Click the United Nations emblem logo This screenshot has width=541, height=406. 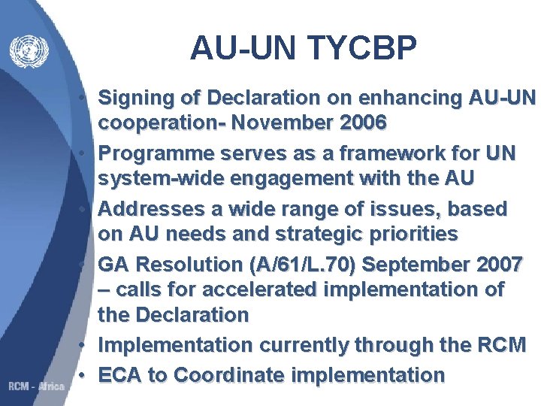click(29, 52)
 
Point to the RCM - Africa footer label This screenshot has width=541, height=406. click(36, 386)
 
